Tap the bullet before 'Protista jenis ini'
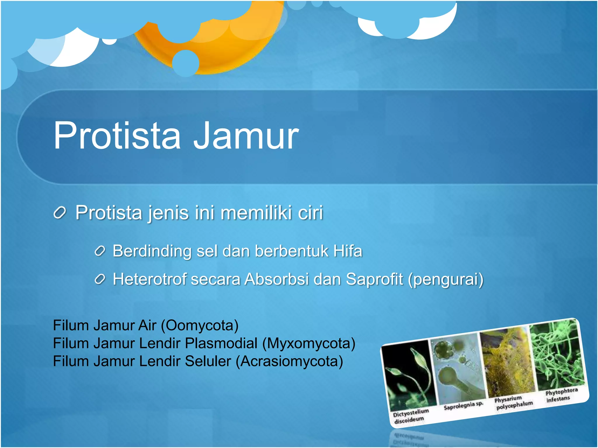coord(60,213)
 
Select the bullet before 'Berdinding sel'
coord(100,251)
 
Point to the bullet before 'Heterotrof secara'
coord(100,279)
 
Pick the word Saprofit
coord(374,279)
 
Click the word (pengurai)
coord(446,279)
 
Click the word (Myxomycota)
coord(309,343)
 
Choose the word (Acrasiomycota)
coord(289,361)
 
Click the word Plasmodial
coord(221,343)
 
